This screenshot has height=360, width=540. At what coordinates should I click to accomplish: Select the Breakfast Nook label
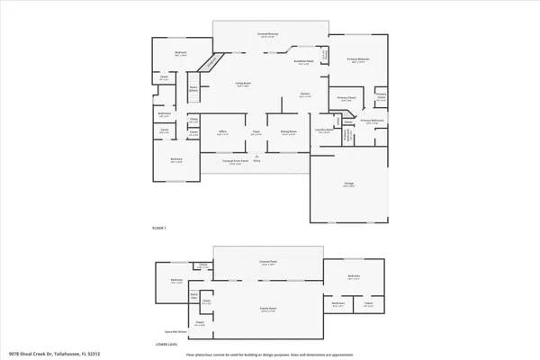[x=304, y=62]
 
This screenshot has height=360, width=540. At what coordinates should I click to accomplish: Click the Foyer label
[x=256, y=132]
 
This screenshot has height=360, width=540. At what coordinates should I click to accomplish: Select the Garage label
[x=348, y=183]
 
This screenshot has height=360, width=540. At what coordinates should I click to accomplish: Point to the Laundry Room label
[x=321, y=131]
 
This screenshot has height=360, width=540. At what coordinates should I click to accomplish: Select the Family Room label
[x=267, y=309]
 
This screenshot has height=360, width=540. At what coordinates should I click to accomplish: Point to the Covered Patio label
[x=267, y=262]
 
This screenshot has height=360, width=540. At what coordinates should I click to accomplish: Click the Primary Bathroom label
[x=373, y=120]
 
